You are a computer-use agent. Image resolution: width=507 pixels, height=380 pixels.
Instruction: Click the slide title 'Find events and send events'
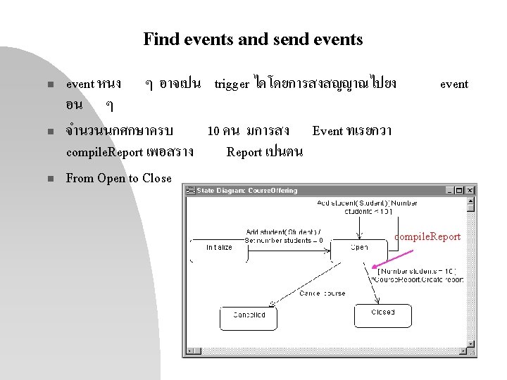click(253, 39)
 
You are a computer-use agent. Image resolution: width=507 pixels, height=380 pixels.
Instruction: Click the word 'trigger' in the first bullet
click(231, 84)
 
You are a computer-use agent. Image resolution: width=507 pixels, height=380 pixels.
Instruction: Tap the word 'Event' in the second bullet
click(327, 131)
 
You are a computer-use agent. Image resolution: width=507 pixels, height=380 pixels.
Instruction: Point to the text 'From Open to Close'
click(118, 178)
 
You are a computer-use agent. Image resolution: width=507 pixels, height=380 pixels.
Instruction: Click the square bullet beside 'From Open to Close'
click(51, 179)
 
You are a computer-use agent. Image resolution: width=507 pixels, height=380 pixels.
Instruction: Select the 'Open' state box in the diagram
click(359, 248)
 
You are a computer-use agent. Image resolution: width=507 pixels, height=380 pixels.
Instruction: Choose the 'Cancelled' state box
click(249, 315)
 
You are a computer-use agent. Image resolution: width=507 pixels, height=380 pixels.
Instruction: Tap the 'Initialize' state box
click(219, 249)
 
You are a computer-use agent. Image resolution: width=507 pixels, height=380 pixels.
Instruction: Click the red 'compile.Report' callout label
click(427, 236)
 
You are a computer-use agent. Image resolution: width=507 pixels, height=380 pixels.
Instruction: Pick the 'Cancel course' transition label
click(323, 293)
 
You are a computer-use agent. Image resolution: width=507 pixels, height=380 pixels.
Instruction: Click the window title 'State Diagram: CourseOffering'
click(248, 190)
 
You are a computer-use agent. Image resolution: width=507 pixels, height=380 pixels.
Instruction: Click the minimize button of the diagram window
click(449, 190)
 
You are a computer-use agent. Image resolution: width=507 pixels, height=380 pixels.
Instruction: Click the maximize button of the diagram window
click(459, 190)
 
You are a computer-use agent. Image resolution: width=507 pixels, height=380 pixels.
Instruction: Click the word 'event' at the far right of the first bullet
click(454, 84)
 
